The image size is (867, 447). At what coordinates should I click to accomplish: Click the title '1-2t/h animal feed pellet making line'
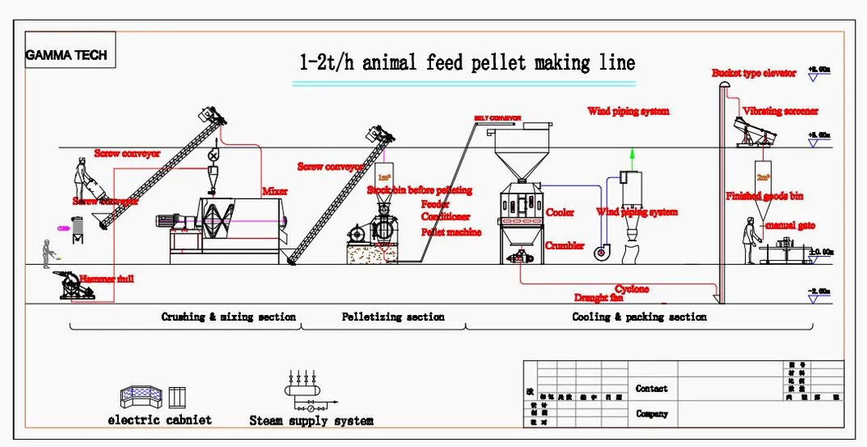(465, 63)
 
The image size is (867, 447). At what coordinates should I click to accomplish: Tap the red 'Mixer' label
(275, 191)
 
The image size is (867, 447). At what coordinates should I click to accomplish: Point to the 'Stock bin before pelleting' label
(420, 190)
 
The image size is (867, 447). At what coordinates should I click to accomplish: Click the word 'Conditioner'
(446, 217)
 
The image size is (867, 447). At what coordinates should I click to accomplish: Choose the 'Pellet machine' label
(451, 232)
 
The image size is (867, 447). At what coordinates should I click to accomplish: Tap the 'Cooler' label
(560, 212)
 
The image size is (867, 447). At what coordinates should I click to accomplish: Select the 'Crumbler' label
(565, 245)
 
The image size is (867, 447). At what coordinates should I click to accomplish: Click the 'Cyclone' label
(632, 289)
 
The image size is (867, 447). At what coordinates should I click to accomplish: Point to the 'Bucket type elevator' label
(753, 74)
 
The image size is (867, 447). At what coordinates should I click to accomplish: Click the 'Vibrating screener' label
(779, 112)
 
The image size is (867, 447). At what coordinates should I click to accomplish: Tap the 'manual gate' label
(790, 225)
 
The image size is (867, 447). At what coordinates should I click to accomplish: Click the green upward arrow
(632, 158)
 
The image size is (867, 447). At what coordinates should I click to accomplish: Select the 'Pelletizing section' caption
(393, 317)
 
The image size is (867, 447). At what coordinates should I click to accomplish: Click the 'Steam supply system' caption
(311, 421)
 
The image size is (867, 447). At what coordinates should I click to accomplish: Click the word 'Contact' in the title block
(651, 389)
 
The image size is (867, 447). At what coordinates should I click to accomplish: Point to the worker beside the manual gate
(749, 242)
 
